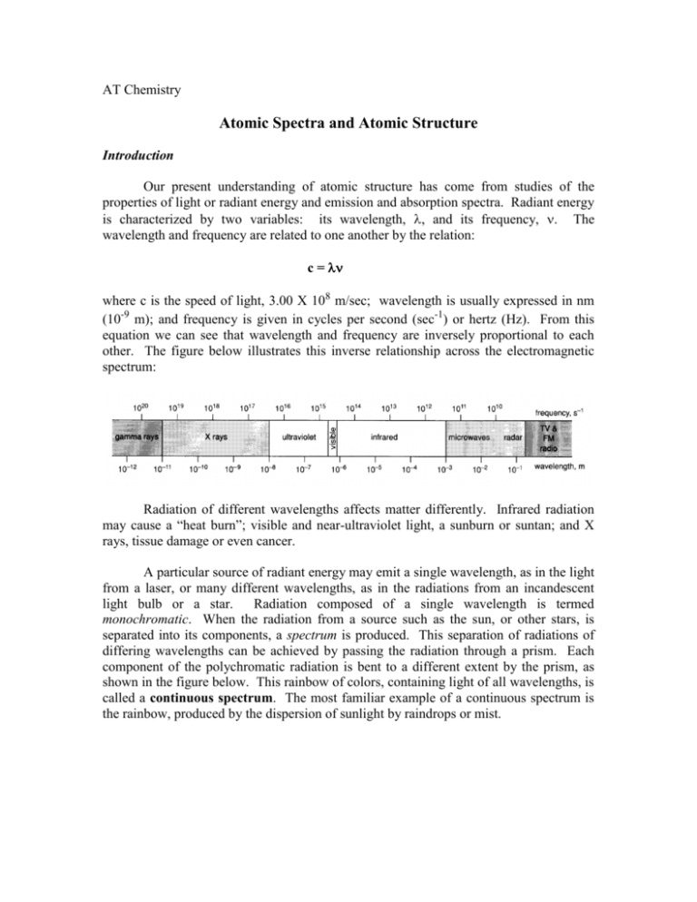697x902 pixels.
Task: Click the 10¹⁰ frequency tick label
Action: tap(496, 407)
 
